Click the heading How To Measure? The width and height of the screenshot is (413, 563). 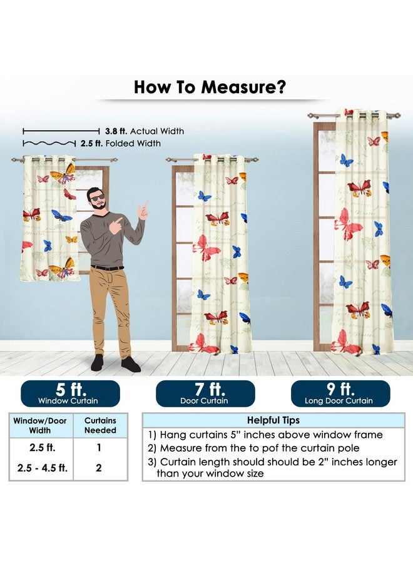pyautogui.click(x=210, y=87)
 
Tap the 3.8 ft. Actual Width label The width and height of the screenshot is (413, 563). pyautogui.click(x=145, y=131)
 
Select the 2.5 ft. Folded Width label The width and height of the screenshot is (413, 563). pyautogui.click(x=121, y=143)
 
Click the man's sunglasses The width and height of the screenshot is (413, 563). pyautogui.click(x=98, y=198)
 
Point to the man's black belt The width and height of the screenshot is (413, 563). pyautogui.click(x=108, y=268)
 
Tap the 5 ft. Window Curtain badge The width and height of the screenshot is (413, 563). pyautogui.click(x=70, y=393)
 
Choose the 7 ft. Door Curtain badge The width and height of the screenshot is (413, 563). pyautogui.click(x=205, y=393)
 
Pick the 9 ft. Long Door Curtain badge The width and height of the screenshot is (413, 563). pyautogui.click(x=340, y=393)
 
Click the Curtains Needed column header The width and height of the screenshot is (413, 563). pyautogui.click(x=100, y=425)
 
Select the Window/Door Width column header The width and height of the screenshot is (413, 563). pyautogui.click(x=40, y=425)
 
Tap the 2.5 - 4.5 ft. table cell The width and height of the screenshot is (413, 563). pyautogui.click(x=43, y=468)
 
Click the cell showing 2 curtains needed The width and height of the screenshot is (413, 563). pyautogui.click(x=99, y=468)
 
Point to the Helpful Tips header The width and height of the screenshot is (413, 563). pyautogui.click(x=273, y=420)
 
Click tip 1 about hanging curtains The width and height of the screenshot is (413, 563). pyautogui.click(x=265, y=435)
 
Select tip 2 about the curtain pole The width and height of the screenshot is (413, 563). pyautogui.click(x=253, y=448)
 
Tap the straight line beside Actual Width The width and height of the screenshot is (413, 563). pyautogui.click(x=61, y=131)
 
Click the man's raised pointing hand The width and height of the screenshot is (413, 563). pyautogui.click(x=144, y=210)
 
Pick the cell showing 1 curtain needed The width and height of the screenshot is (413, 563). pyautogui.click(x=99, y=448)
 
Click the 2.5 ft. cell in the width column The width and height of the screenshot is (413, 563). pyautogui.click(x=43, y=448)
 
